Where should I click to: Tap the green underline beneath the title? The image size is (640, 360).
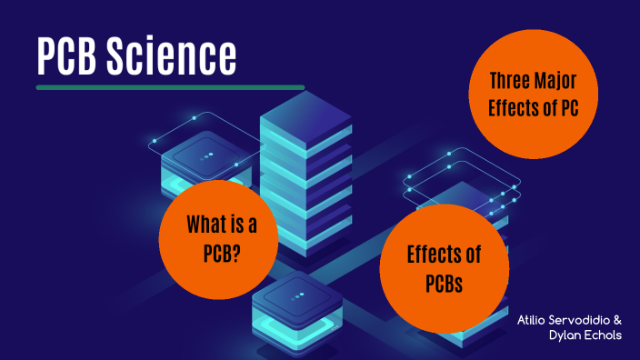[x=170, y=87]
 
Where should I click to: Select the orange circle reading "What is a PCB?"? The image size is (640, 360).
[x=217, y=238]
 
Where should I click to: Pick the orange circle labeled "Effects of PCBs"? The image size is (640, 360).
[x=443, y=268]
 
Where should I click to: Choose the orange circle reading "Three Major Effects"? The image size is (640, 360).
[x=533, y=94]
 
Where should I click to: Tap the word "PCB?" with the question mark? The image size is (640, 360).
[x=222, y=252]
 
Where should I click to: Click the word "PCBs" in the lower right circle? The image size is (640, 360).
[x=444, y=283]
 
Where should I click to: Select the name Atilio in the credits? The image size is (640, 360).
[x=535, y=320]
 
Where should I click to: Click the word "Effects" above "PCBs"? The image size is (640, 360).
[x=444, y=255]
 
